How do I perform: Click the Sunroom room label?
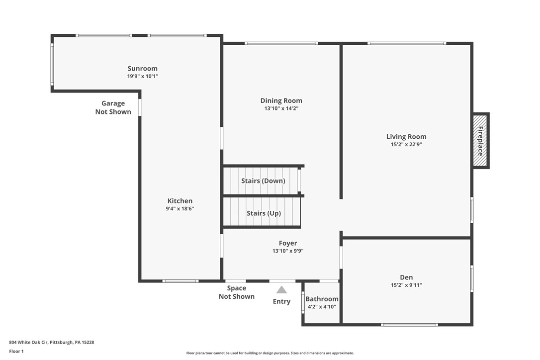142,69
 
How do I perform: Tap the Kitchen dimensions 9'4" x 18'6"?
180,209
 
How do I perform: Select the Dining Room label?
281,100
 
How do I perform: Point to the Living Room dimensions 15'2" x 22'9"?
406,145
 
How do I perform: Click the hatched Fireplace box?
480,141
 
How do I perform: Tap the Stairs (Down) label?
263,180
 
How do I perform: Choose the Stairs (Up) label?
264,213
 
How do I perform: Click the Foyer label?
287,243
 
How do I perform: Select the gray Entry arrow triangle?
281,290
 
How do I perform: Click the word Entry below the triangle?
281,301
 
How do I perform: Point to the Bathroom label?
322,299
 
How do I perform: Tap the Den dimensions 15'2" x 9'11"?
406,285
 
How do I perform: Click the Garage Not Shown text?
113,107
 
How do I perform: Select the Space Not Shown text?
236,292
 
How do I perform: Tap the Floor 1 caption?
16,351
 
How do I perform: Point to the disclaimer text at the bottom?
270,353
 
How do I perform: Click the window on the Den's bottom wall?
409,325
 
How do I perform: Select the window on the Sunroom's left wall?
52,64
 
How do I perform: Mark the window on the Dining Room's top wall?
281,43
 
